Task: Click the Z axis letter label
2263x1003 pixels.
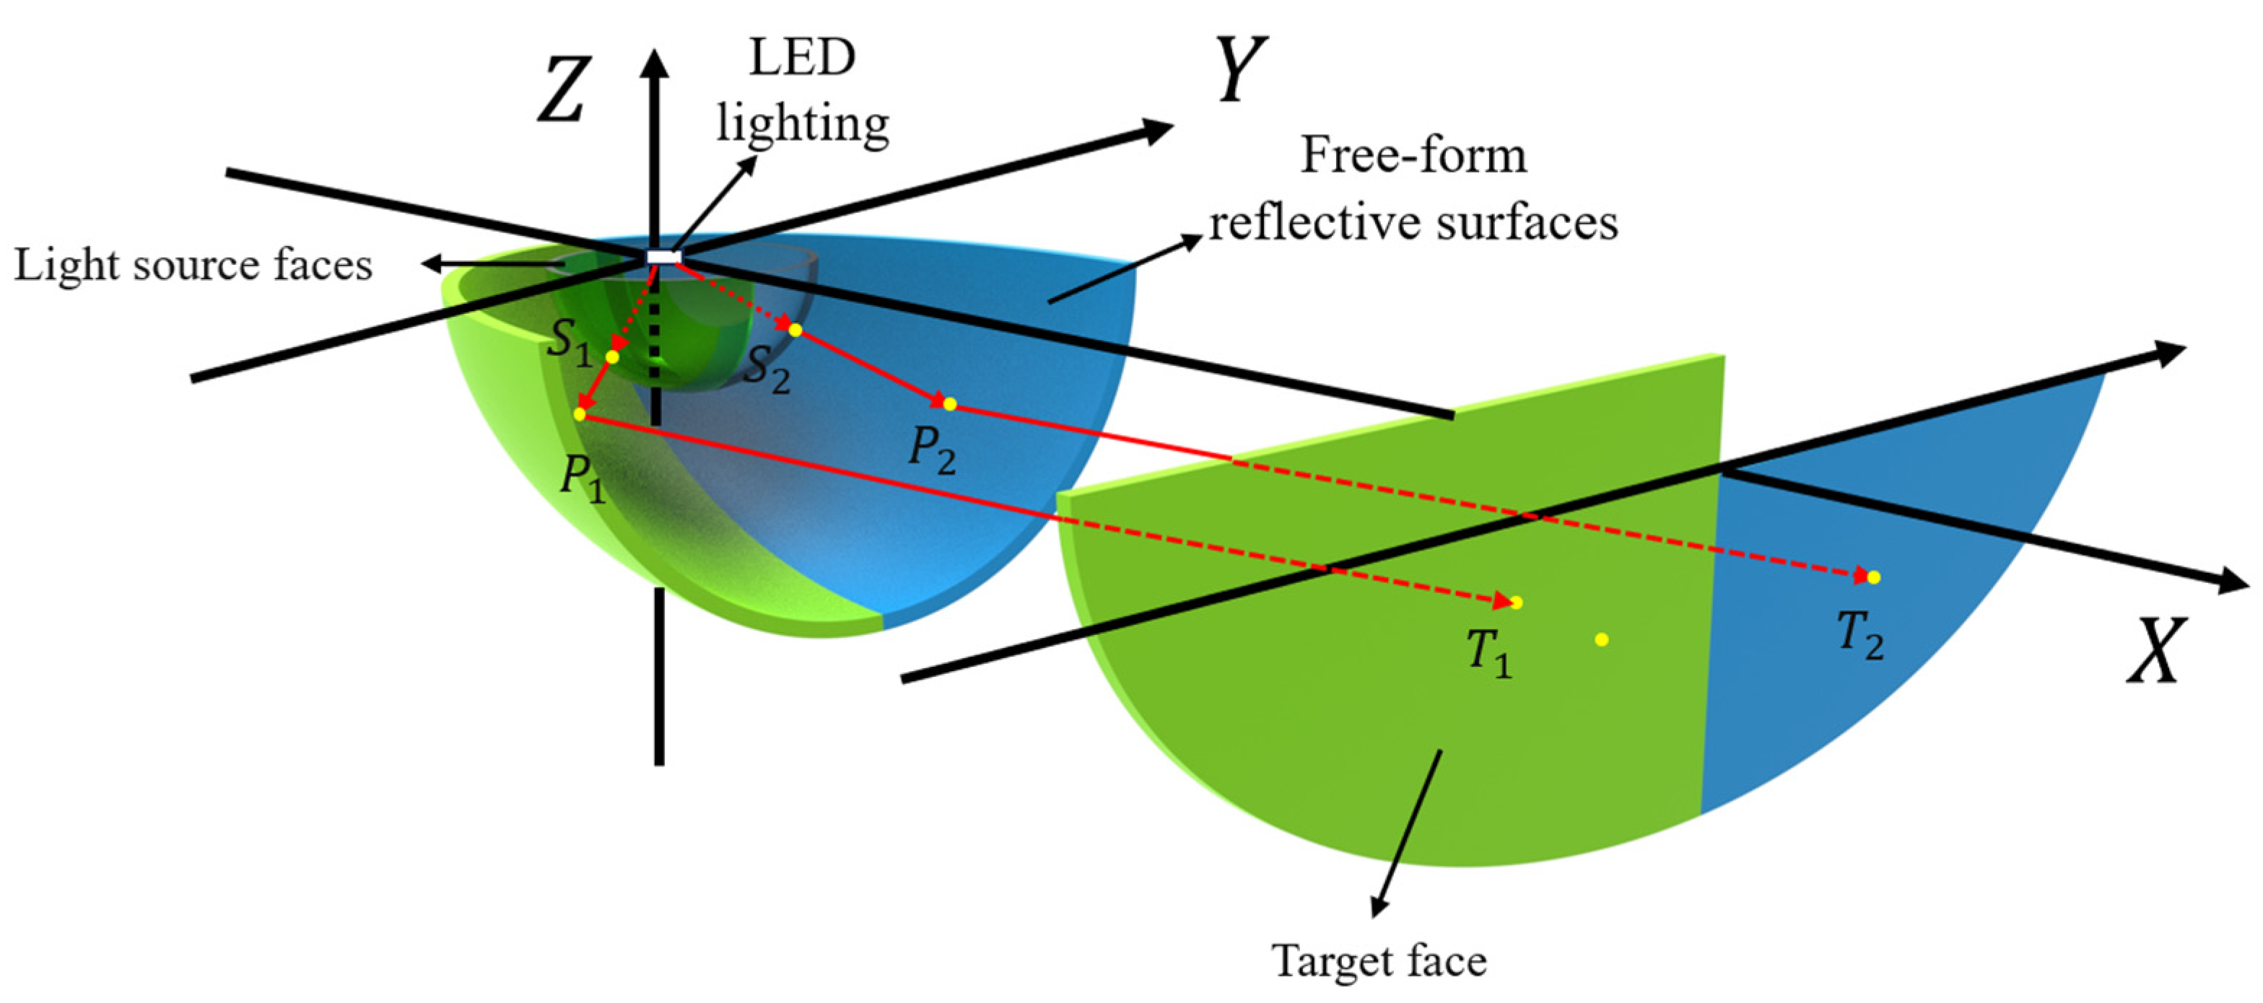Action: pyautogui.click(x=562, y=89)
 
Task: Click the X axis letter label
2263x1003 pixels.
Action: pyautogui.click(x=2156, y=651)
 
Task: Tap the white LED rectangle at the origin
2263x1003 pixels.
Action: pyautogui.click(x=664, y=256)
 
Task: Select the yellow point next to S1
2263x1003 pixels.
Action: pyautogui.click(x=612, y=357)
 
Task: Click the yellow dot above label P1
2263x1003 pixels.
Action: pyautogui.click(x=579, y=413)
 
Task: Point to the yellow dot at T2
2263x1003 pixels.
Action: pyautogui.click(x=1874, y=577)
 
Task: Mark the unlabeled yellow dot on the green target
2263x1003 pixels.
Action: pyautogui.click(x=1602, y=639)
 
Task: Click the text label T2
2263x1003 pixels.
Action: pyautogui.click(x=1859, y=634)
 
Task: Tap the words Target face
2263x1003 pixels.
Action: pyautogui.click(x=1379, y=961)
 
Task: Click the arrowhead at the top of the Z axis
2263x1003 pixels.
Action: pyautogui.click(x=655, y=61)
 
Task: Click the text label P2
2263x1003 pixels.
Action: pyautogui.click(x=931, y=450)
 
